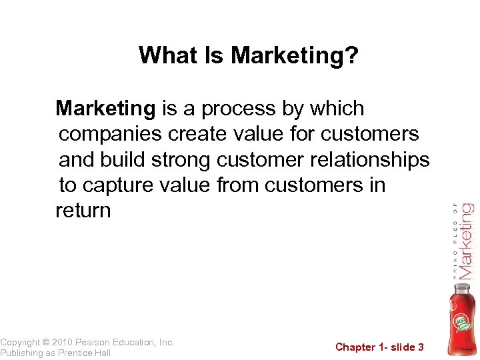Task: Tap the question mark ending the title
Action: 352,56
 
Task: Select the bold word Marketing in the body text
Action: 105,108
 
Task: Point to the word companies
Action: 110,134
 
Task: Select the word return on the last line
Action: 83,211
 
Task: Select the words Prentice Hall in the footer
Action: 85,353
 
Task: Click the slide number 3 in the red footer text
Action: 421,347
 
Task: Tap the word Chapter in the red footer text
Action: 356,347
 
